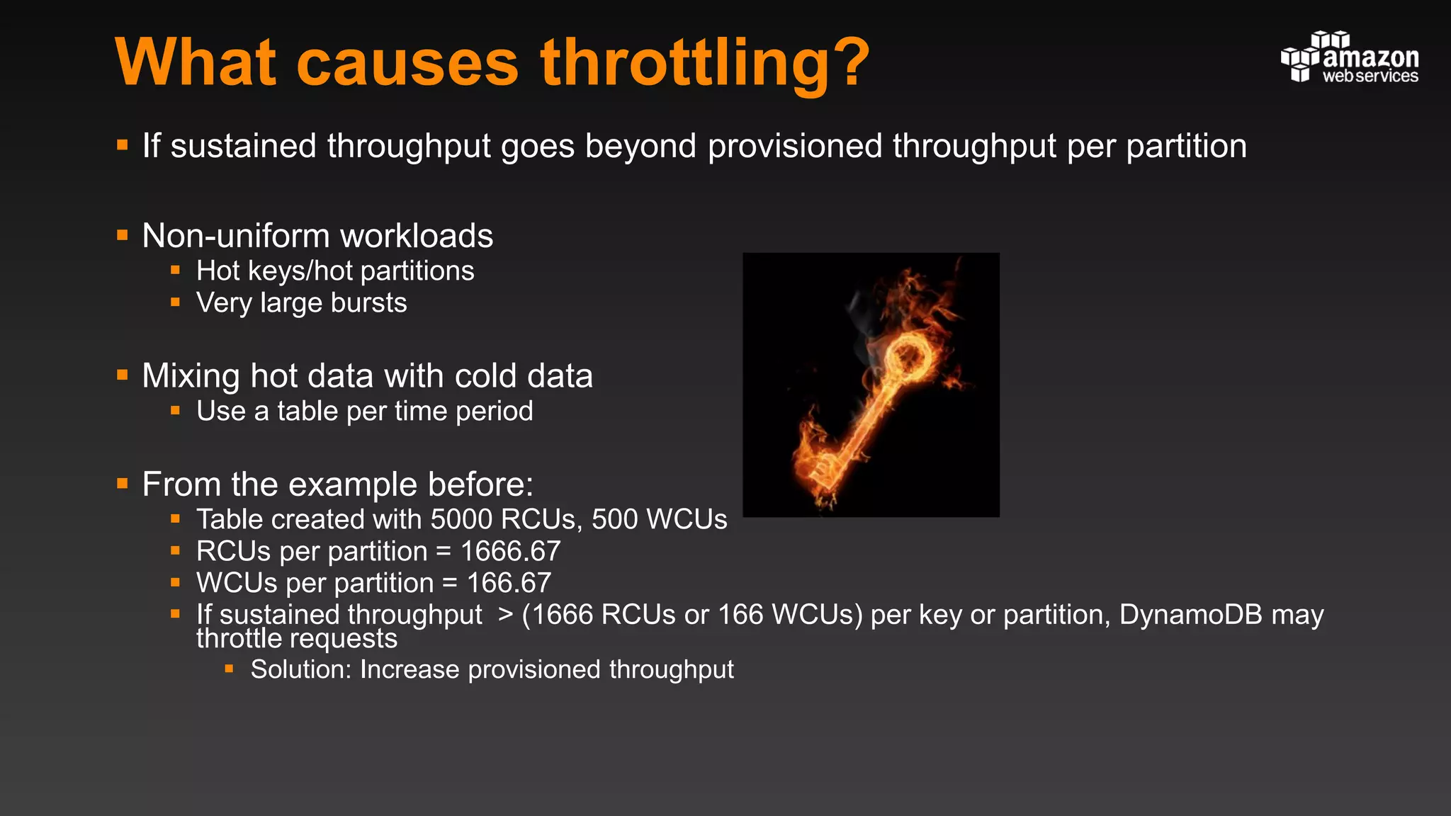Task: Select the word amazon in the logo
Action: point(1370,57)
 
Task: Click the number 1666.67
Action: point(510,551)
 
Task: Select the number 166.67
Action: point(509,583)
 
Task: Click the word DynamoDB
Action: point(1190,614)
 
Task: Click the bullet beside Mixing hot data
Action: point(123,375)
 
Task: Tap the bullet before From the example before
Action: point(123,484)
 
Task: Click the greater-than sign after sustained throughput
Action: point(504,614)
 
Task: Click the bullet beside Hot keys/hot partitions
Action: point(175,271)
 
